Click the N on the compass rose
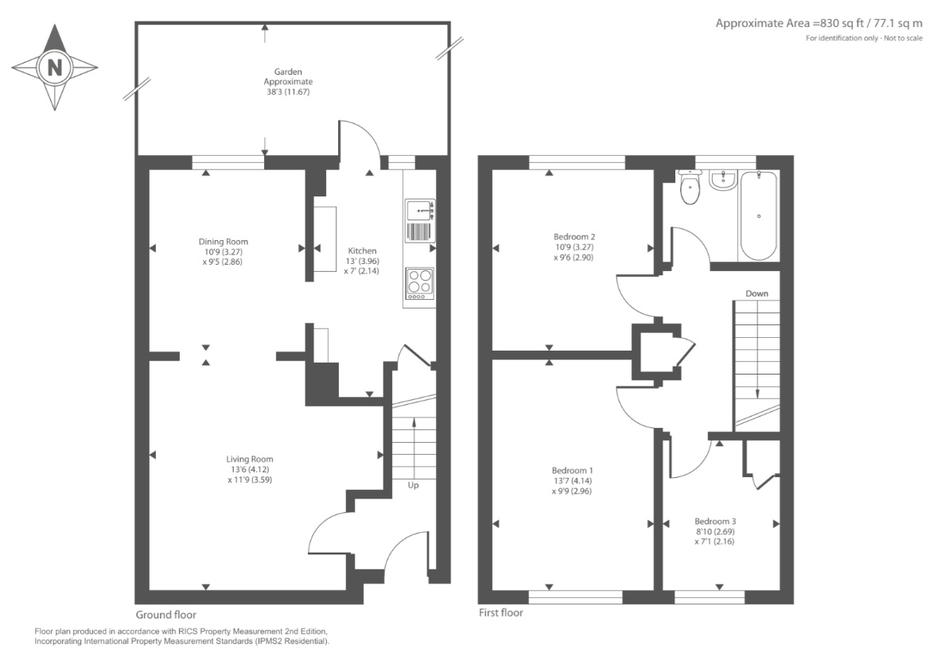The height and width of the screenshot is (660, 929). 55,68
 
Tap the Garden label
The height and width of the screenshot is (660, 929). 288,72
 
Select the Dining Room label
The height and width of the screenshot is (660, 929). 224,242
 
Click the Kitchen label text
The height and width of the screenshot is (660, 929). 362,250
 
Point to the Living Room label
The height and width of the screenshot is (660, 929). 250,459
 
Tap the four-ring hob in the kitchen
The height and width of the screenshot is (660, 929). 420,283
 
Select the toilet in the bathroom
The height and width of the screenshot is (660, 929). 690,186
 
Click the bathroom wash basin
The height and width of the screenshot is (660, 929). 723,180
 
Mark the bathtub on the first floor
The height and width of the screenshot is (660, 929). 759,215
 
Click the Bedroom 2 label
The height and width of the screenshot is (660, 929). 575,237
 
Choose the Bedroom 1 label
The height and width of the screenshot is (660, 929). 573,471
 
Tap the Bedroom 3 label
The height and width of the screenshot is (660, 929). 715,522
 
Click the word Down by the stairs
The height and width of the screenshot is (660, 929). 756,293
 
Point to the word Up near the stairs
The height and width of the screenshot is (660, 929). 413,485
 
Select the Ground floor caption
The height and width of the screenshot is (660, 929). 166,615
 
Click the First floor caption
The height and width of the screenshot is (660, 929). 500,612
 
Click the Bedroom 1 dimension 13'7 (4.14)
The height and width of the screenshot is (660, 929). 572,481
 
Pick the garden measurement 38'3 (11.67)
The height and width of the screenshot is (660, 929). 288,91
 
